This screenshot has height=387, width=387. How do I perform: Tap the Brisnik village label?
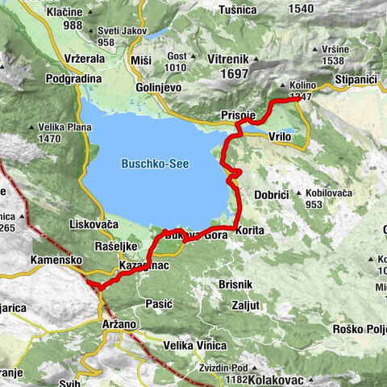pyautogui.click(x=236, y=285)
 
